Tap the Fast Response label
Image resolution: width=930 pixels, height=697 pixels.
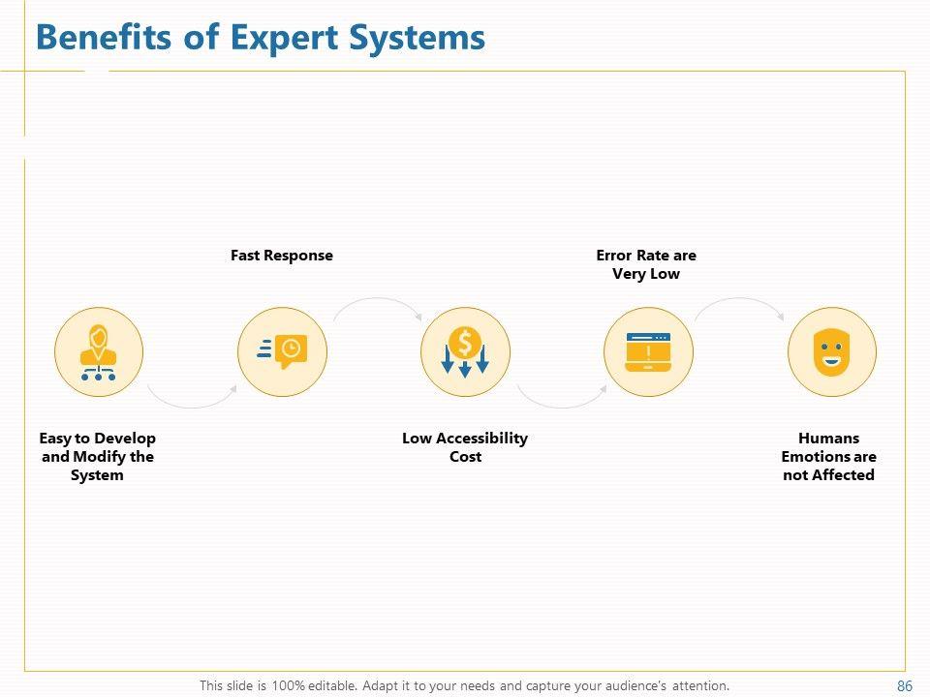click(281, 256)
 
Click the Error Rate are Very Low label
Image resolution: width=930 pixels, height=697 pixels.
click(646, 264)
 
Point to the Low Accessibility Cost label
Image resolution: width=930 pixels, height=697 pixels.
click(465, 447)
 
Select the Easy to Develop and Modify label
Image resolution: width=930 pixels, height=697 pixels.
click(98, 456)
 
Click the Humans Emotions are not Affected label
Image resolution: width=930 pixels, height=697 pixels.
click(829, 456)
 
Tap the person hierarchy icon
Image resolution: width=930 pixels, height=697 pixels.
click(98, 352)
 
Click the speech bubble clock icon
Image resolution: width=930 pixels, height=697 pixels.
click(282, 352)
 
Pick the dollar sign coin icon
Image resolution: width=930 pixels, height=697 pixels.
click(465, 352)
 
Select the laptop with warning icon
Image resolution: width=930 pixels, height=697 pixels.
click(648, 352)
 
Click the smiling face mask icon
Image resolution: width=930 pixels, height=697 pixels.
click(831, 352)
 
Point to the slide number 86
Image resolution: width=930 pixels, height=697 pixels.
click(905, 685)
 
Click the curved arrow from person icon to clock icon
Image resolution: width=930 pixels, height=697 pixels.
click(191, 400)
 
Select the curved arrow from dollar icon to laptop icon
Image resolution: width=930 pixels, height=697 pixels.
click(561, 400)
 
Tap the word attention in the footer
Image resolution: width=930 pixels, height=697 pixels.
click(698, 685)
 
